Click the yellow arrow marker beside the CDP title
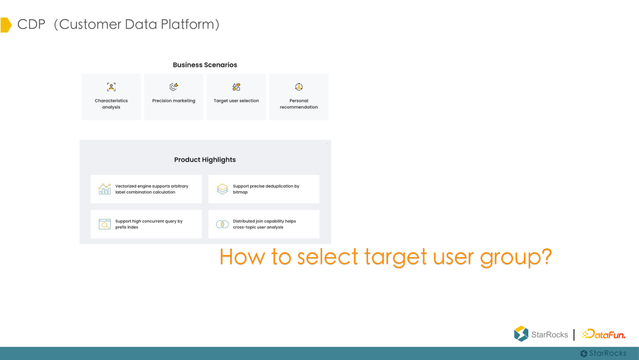pos(6,25)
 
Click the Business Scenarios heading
pos(205,65)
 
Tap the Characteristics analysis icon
pos(111,87)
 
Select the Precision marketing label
pos(173,101)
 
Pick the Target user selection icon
pos(236,87)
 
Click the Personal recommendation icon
pos(299,87)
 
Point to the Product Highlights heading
pos(205,160)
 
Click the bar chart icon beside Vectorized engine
pos(105,189)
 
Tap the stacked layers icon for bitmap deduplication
pos(222,189)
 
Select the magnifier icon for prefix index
pos(105,224)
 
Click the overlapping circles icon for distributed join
pos(222,224)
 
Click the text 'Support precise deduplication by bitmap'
pos(266,189)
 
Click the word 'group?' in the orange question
pos(516,258)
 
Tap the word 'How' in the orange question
pos(243,257)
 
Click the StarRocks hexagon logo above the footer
pos(521,334)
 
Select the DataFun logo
pos(603,335)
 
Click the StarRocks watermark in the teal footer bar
pos(603,353)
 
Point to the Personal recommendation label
pos(299,104)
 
